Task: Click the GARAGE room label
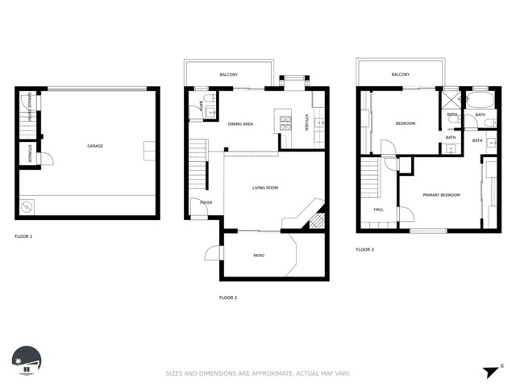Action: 95,146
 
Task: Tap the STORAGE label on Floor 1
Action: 30,154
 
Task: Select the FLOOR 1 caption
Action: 24,236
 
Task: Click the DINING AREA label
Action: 240,124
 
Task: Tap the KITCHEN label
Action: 306,123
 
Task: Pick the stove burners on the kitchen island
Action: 285,123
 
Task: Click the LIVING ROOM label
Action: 264,188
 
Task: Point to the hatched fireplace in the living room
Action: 317,219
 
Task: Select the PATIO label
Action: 259,256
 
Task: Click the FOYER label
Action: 206,202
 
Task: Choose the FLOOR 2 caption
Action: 228,298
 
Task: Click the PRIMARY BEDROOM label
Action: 441,195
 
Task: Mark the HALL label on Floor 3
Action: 378,210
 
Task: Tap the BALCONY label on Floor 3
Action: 401,74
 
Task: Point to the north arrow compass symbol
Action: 490,371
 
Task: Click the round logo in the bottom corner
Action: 27,360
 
